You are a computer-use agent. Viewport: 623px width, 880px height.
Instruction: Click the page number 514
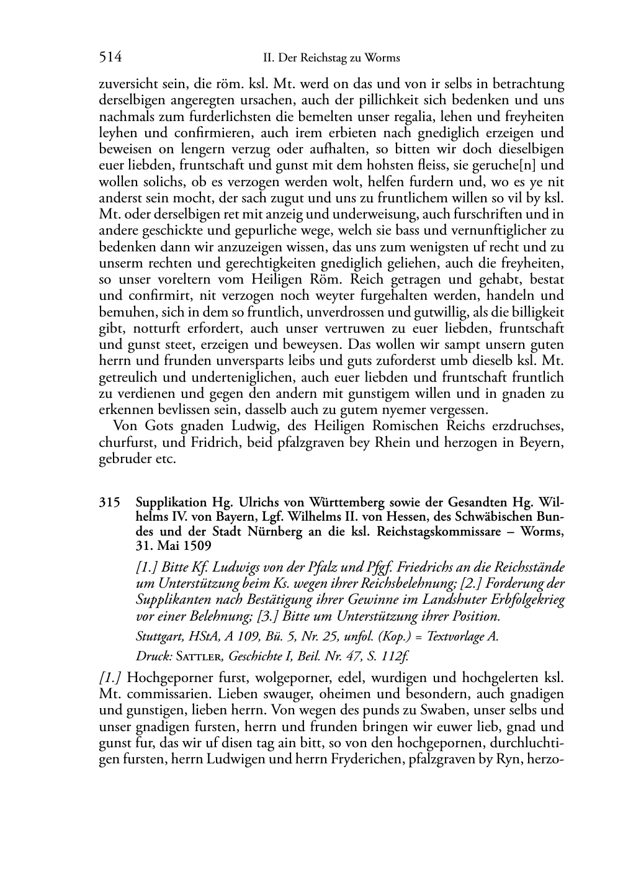pyautogui.click(x=110, y=58)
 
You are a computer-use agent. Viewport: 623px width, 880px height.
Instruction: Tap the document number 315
pyautogui.click(x=109, y=502)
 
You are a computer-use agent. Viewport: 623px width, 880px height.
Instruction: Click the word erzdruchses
pyautogui.click(x=531, y=426)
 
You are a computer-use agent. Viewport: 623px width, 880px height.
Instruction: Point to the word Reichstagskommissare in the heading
pyautogui.click(x=435, y=532)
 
